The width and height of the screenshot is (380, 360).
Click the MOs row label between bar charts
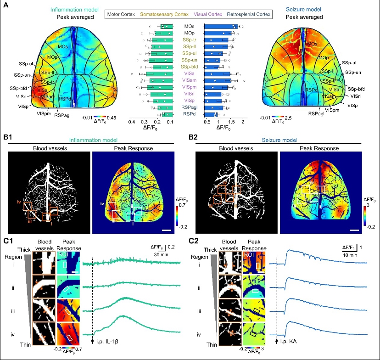coord(188,27)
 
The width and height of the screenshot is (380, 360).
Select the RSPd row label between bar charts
coord(188,113)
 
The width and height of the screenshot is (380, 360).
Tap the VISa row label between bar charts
coord(188,73)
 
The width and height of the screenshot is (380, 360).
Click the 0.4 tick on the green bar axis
coord(132,123)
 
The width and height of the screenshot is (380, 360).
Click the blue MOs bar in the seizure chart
coord(220,27)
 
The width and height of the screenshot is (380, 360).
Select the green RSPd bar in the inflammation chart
coord(167,114)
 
